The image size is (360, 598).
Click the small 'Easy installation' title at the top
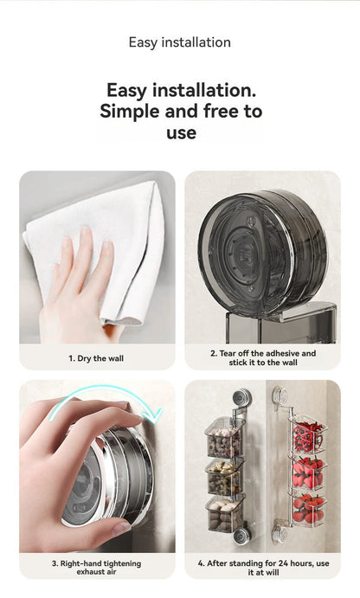180,42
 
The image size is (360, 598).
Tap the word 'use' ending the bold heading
180,133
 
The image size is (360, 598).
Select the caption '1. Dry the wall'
96,357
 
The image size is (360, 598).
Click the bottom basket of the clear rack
308,509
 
